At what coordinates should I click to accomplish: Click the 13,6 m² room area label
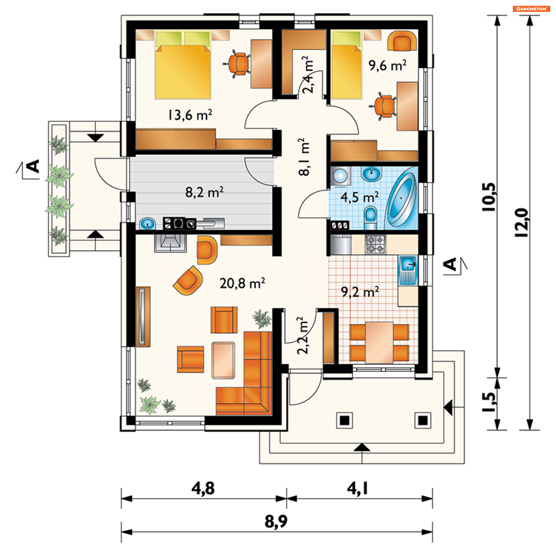coord(190,115)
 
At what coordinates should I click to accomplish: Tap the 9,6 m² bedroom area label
coord(387,65)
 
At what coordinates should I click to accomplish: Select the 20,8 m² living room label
coord(242,283)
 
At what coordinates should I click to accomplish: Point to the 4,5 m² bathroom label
coord(359,197)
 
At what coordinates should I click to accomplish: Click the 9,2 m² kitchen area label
coord(360,292)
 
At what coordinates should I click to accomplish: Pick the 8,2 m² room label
coord(204,192)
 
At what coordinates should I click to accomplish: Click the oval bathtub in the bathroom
coord(401,200)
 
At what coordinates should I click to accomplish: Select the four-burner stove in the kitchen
coord(376,244)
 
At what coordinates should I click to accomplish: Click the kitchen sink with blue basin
coord(408,270)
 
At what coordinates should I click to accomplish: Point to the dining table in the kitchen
coord(379,343)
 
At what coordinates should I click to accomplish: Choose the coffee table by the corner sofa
coord(223,360)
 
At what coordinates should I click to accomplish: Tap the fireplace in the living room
coord(170,243)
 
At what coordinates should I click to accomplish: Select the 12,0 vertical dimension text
coord(522,222)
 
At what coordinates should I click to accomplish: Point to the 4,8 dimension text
coord(203,488)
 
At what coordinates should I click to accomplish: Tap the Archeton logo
coord(531,9)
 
